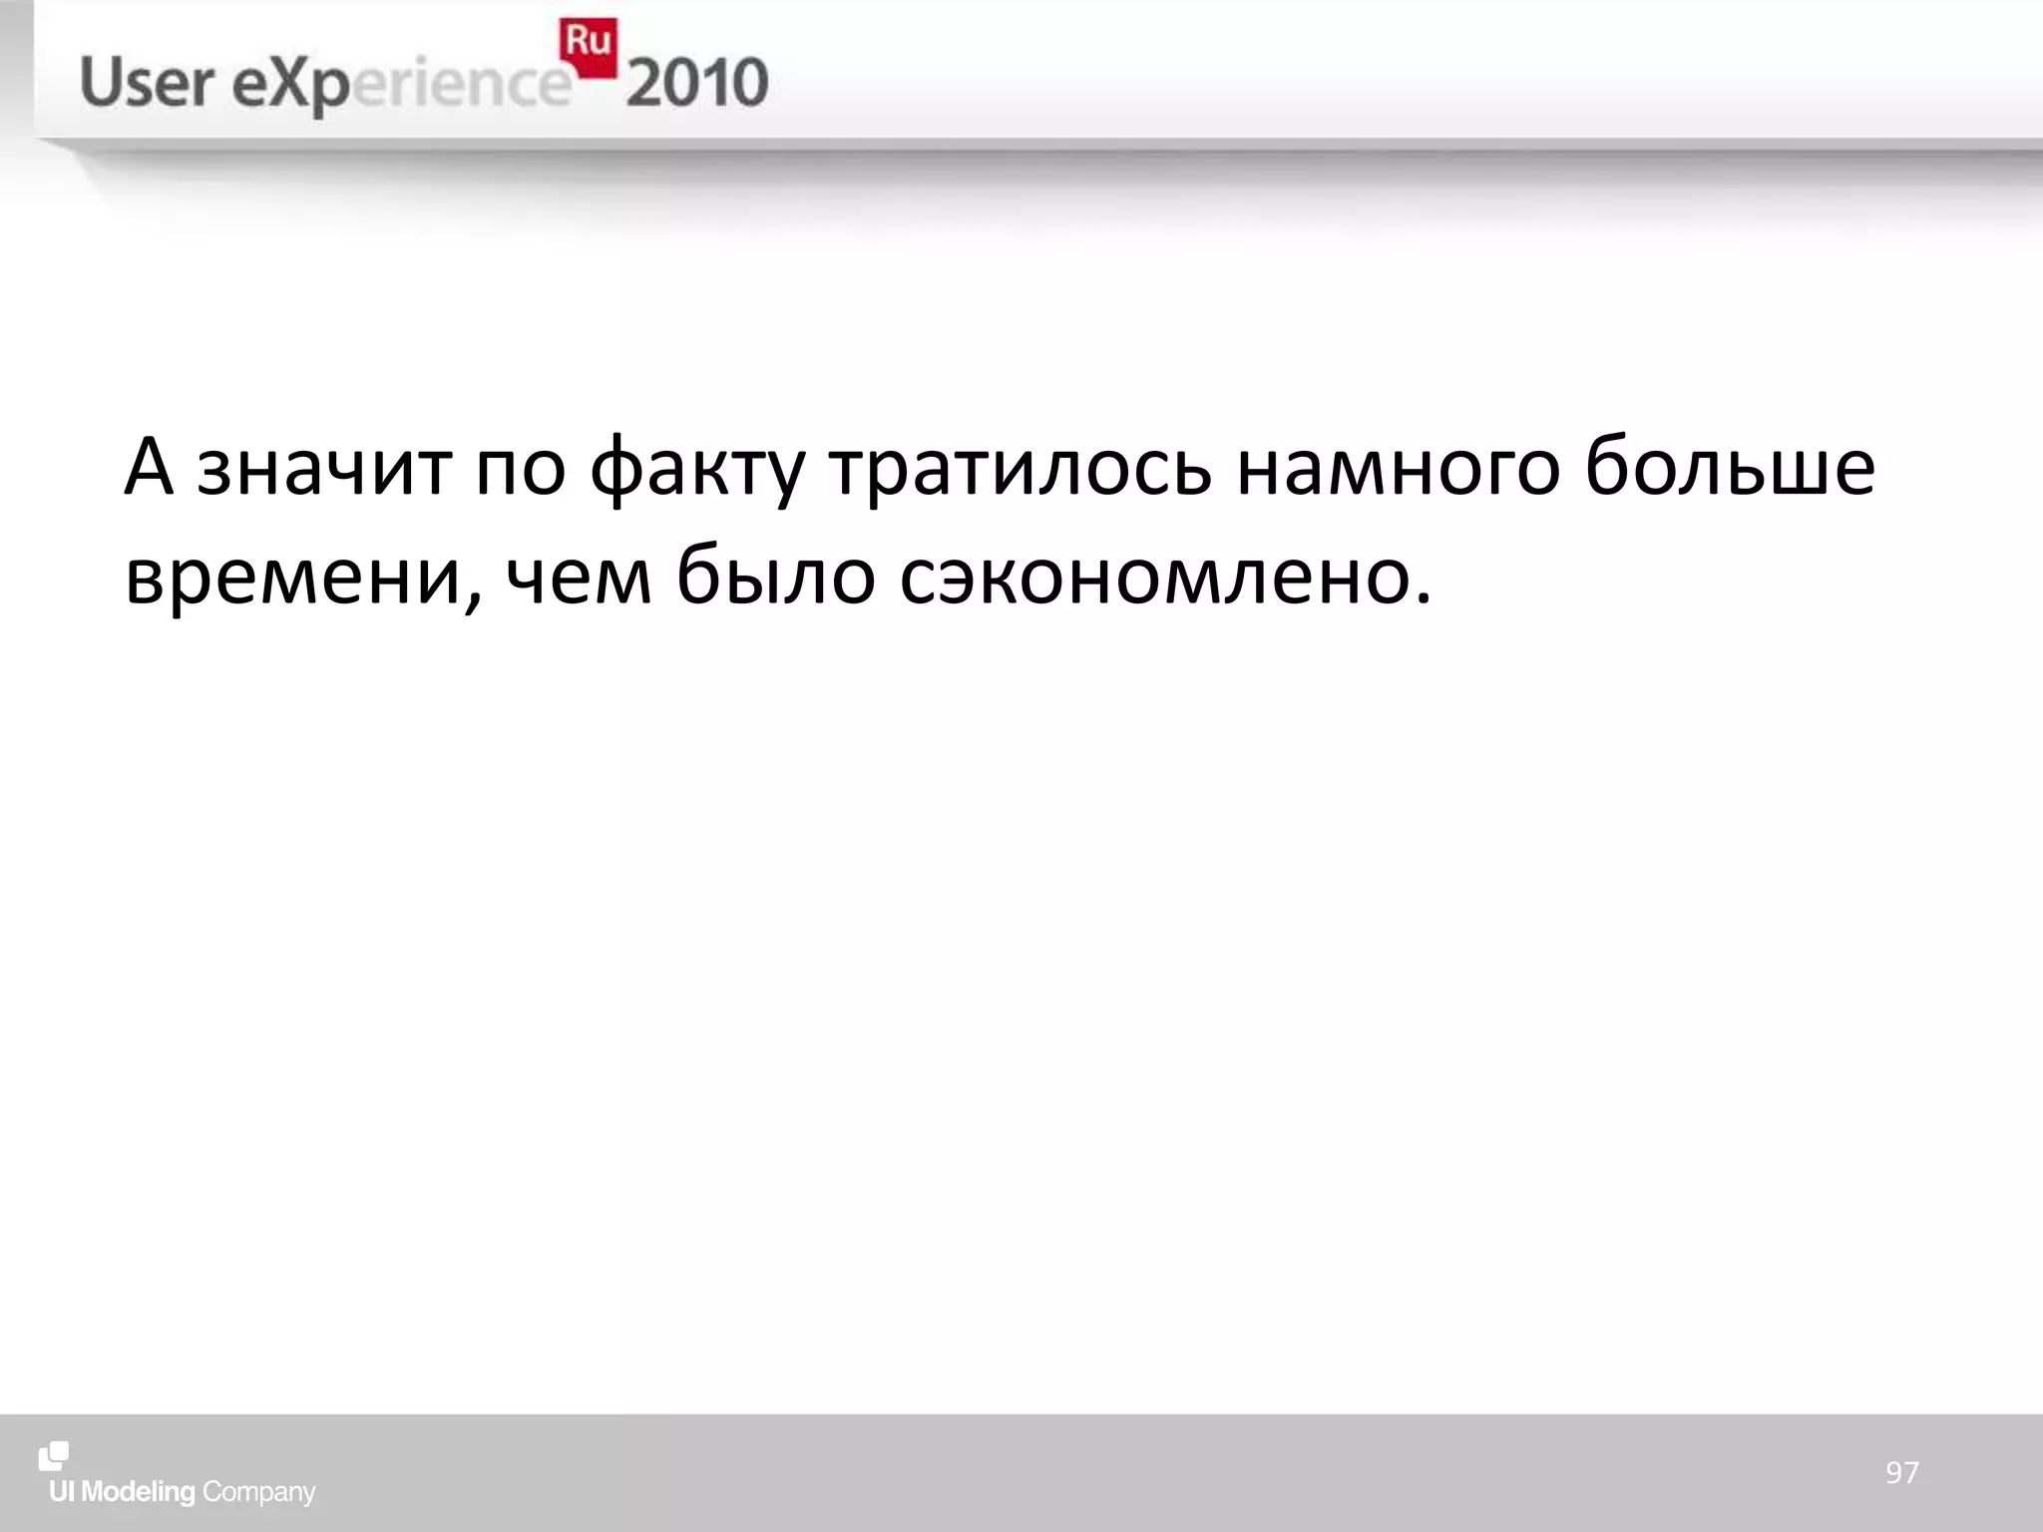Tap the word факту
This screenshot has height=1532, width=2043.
pyautogui.click(x=696, y=468)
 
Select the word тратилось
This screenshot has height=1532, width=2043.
pyautogui.click(x=1021, y=468)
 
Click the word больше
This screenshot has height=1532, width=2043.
pyautogui.click(x=1730, y=468)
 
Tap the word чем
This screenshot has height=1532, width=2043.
pyautogui.click(x=579, y=577)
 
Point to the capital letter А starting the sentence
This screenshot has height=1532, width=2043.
pyautogui.click(x=149, y=466)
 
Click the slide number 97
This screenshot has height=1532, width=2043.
pyautogui.click(x=1901, y=1472)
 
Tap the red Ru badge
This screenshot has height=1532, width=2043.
pyautogui.click(x=588, y=46)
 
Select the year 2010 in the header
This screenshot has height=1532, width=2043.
pyautogui.click(x=697, y=83)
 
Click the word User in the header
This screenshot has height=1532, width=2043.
pyautogui.click(x=145, y=83)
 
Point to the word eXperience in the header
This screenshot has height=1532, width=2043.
pyautogui.click(x=399, y=86)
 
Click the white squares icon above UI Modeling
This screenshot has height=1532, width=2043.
pyautogui.click(x=54, y=1456)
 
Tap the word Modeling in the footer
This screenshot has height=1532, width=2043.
pyautogui.click(x=138, y=1492)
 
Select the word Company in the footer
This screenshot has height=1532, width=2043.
pyautogui.click(x=258, y=1493)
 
